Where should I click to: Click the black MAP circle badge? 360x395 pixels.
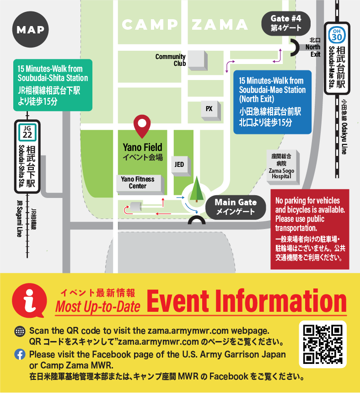[x=31, y=30]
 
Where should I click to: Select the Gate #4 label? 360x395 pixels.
[x=286, y=23]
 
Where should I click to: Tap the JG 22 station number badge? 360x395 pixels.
[x=27, y=133]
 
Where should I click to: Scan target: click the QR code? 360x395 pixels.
[x=322, y=344]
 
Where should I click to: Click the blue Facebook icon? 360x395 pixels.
[x=20, y=354]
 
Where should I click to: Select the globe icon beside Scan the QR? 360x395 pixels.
[x=20, y=331]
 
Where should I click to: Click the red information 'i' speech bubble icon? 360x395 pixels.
[x=29, y=300]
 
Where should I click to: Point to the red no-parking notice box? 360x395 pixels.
[x=310, y=229]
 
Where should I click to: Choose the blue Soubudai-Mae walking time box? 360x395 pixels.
[x=272, y=101]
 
